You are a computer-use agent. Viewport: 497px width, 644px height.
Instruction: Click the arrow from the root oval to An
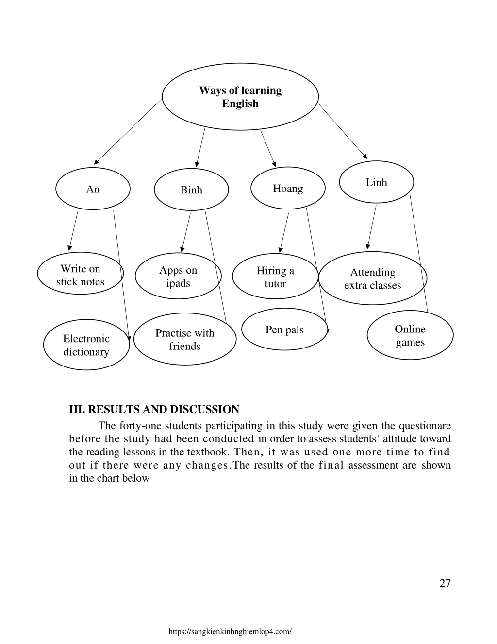point(128,131)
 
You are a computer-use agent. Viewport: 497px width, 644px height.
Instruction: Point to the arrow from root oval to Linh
point(343,131)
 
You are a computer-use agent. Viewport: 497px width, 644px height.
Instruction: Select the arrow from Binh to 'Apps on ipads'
point(186,233)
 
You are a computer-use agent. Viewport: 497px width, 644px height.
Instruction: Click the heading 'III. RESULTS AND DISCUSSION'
point(154,409)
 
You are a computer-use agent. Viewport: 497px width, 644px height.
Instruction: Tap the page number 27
point(445,583)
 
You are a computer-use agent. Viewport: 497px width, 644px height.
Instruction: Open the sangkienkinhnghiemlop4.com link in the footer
point(230,631)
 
